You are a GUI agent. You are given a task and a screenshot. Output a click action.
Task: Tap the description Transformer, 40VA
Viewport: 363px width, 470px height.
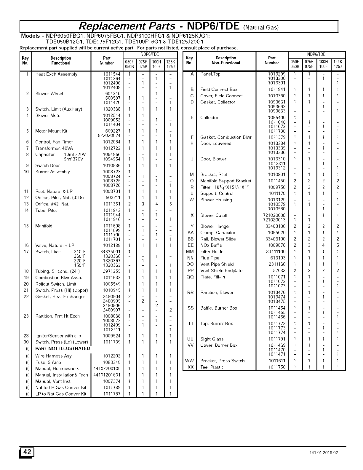[54, 148]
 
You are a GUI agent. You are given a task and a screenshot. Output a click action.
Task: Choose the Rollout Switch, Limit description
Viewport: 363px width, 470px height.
[56, 284]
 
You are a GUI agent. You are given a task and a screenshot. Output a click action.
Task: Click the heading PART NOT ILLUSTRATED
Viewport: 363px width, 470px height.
[63, 348]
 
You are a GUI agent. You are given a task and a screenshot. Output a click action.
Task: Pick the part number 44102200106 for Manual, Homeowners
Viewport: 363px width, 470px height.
[107, 369]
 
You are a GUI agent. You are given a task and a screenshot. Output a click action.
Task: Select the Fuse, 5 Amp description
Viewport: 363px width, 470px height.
[48, 362]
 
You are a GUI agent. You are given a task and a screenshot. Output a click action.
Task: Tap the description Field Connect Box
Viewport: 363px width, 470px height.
[219, 89]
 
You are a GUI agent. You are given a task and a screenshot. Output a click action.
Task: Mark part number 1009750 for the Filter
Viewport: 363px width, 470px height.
[276, 187]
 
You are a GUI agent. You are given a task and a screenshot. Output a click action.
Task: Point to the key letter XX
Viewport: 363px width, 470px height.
[191, 367]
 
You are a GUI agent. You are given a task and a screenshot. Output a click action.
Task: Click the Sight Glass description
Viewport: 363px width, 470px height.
[212, 339]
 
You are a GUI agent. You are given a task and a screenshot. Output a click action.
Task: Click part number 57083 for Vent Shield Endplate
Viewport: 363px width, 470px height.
[279, 270]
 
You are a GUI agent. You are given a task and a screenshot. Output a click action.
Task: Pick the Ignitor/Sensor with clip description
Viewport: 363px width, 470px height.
[58, 336]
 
